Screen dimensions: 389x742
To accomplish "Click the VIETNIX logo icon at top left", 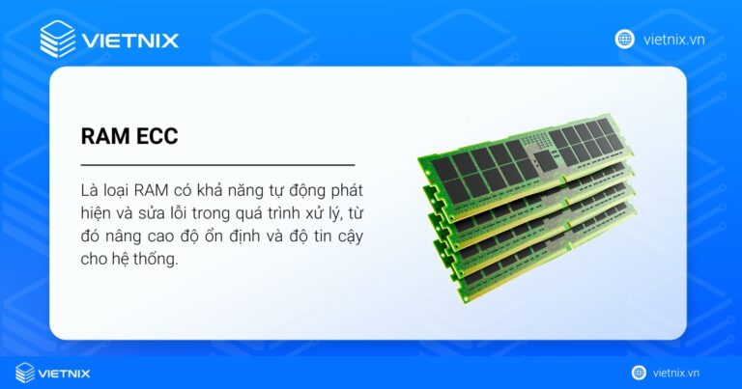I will coord(58,40).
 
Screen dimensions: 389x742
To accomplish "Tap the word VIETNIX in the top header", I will coord(130,41).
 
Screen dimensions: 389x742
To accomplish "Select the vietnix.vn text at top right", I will coord(671,40).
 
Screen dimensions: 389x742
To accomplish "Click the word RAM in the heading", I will coord(102,137).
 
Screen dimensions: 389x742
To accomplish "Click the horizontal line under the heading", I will coord(217,165).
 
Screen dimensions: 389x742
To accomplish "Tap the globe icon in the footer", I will coord(639,373).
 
